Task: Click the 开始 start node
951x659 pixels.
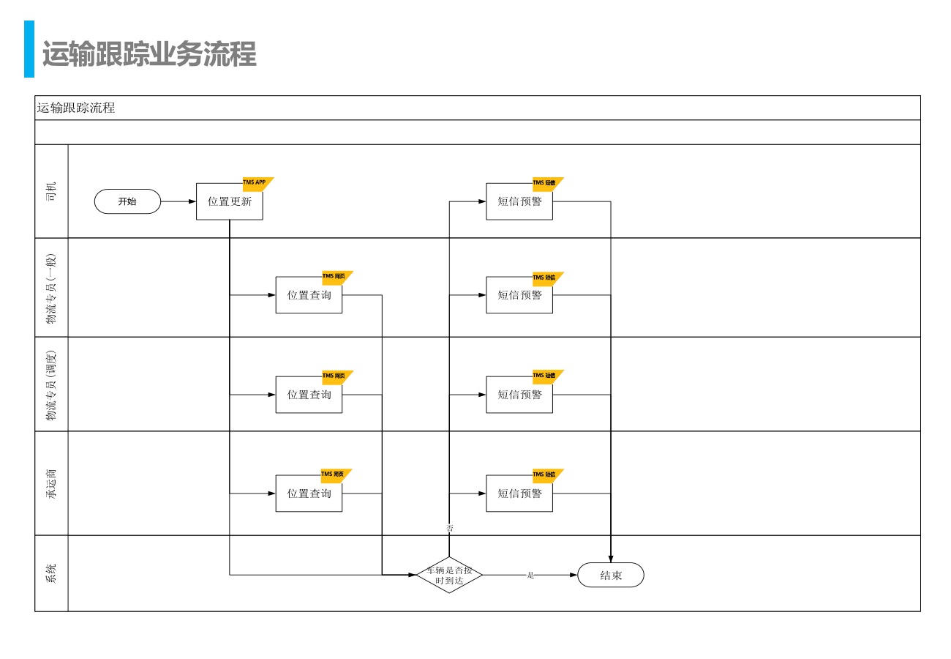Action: pos(127,201)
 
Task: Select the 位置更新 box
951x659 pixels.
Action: pos(229,201)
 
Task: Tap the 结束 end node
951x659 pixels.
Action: pos(611,576)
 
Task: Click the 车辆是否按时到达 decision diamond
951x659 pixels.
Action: pos(449,576)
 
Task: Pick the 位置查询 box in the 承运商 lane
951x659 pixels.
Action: pos(309,494)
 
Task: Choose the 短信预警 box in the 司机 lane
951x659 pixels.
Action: pos(519,201)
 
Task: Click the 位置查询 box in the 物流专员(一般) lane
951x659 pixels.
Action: pos(309,295)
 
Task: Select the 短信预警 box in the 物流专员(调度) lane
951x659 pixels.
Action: pos(519,395)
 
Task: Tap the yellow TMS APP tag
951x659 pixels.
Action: pos(255,183)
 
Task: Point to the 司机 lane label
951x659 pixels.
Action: pos(51,191)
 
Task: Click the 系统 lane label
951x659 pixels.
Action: pos(51,573)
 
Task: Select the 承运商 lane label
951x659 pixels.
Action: pos(51,483)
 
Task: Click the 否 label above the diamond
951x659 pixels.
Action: pos(450,528)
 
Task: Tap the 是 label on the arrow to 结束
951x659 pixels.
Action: pos(530,576)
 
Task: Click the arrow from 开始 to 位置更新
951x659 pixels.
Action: pos(178,201)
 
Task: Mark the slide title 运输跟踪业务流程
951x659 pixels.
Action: pos(149,55)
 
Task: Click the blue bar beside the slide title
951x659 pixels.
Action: pos(29,49)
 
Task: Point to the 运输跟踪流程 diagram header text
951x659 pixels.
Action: pos(76,108)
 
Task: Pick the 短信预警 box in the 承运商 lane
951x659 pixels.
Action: pos(519,494)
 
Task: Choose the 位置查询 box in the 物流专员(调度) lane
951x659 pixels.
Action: pos(309,395)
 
